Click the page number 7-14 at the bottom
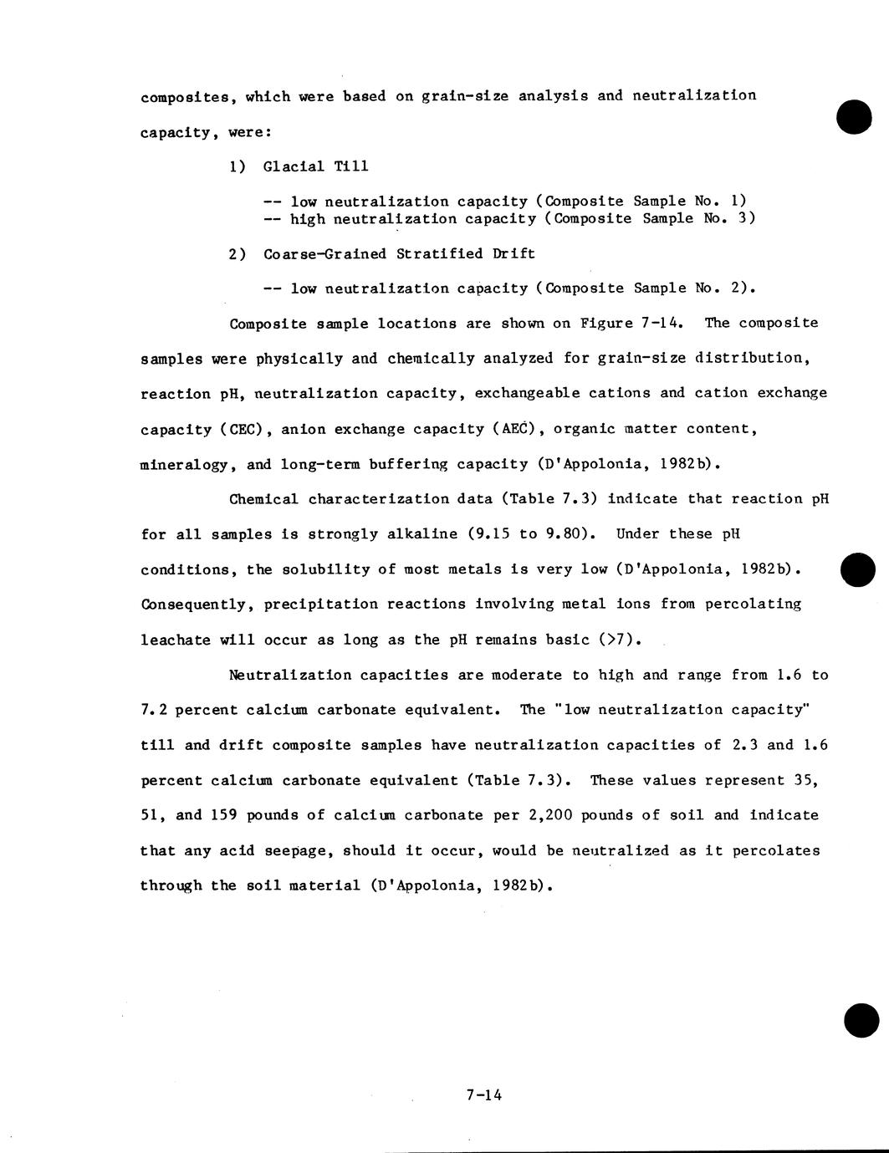pyautogui.click(x=484, y=1094)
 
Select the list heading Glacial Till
pyautogui.click(x=315, y=166)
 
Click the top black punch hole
pyautogui.click(x=854, y=116)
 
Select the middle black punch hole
pyautogui.click(x=858, y=569)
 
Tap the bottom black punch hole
pyautogui.click(x=861, y=1020)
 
